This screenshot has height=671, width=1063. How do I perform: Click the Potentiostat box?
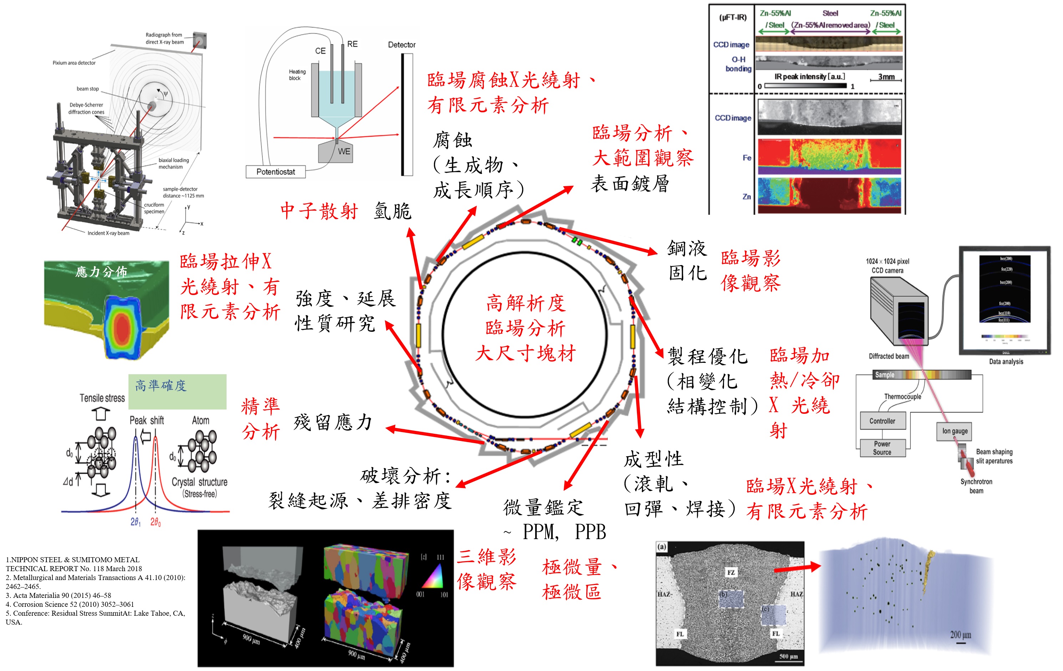pyautogui.click(x=275, y=172)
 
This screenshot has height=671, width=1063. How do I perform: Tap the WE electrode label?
pyautogui.click(x=344, y=151)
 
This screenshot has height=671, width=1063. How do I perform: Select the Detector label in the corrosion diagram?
pyautogui.click(x=401, y=45)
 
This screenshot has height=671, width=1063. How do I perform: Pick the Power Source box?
pyautogui.click(x=882, y=448)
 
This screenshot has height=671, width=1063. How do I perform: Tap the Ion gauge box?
pyautogui.click(x=955, y=431)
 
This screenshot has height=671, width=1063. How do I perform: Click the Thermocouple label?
pyautogui.click(x=902, y=396)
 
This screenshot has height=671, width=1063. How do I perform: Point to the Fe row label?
pyautogui.click(x=746, y=158)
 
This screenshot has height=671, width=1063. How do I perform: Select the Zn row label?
pyautogui.click(x=746, y=197)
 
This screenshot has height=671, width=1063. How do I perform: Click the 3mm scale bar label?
pyautogui.click(x=886, y=76)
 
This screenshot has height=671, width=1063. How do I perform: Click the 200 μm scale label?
pyautogui.click(x=961, y=635)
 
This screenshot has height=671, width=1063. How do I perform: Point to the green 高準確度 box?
pyautogui.click(x=177, y=391)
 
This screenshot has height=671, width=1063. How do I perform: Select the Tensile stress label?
pyautogui.click(x=102, y=398)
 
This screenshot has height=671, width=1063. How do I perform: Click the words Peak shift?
pyautogui.click(x=147, y=420)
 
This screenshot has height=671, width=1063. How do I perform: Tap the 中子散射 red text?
pyautogui.click(x=319, y=211)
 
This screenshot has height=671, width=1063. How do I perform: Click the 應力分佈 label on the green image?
pyautogui.click(x=101, y=271)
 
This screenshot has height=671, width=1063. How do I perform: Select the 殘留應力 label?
pyautogui.click(x=333, y=422)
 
